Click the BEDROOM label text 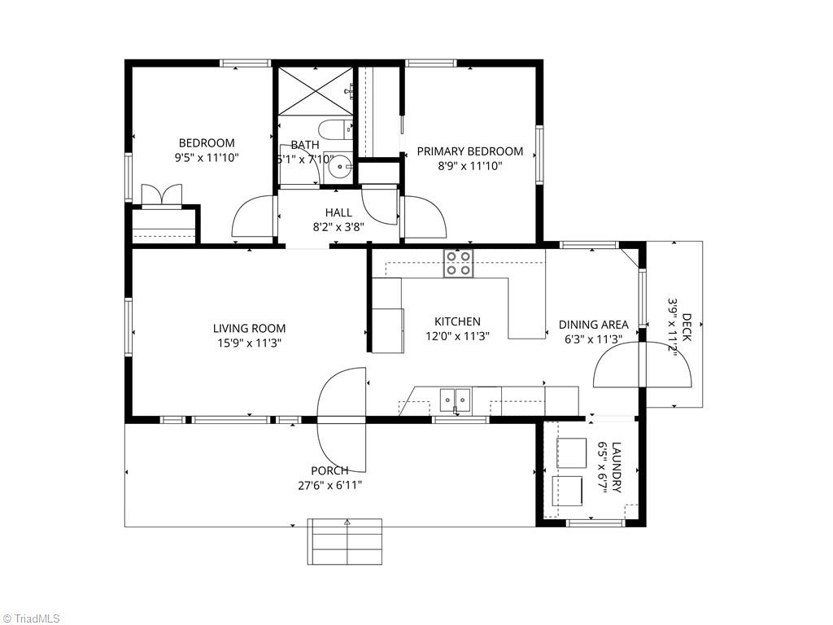point(207,143)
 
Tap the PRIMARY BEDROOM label point(470,151)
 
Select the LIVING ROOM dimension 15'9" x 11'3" point(249,343)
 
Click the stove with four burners point(458,263)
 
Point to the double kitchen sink point(455,400)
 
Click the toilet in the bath point(334,128)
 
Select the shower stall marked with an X point(314,91)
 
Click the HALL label point(338,212)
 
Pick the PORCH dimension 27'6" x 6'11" point(330,485)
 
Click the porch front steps point(345,541)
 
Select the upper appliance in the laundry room point(572,452)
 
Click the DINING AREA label point(593,324)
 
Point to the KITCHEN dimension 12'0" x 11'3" point(457,335)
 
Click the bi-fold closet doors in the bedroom point(160,196)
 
